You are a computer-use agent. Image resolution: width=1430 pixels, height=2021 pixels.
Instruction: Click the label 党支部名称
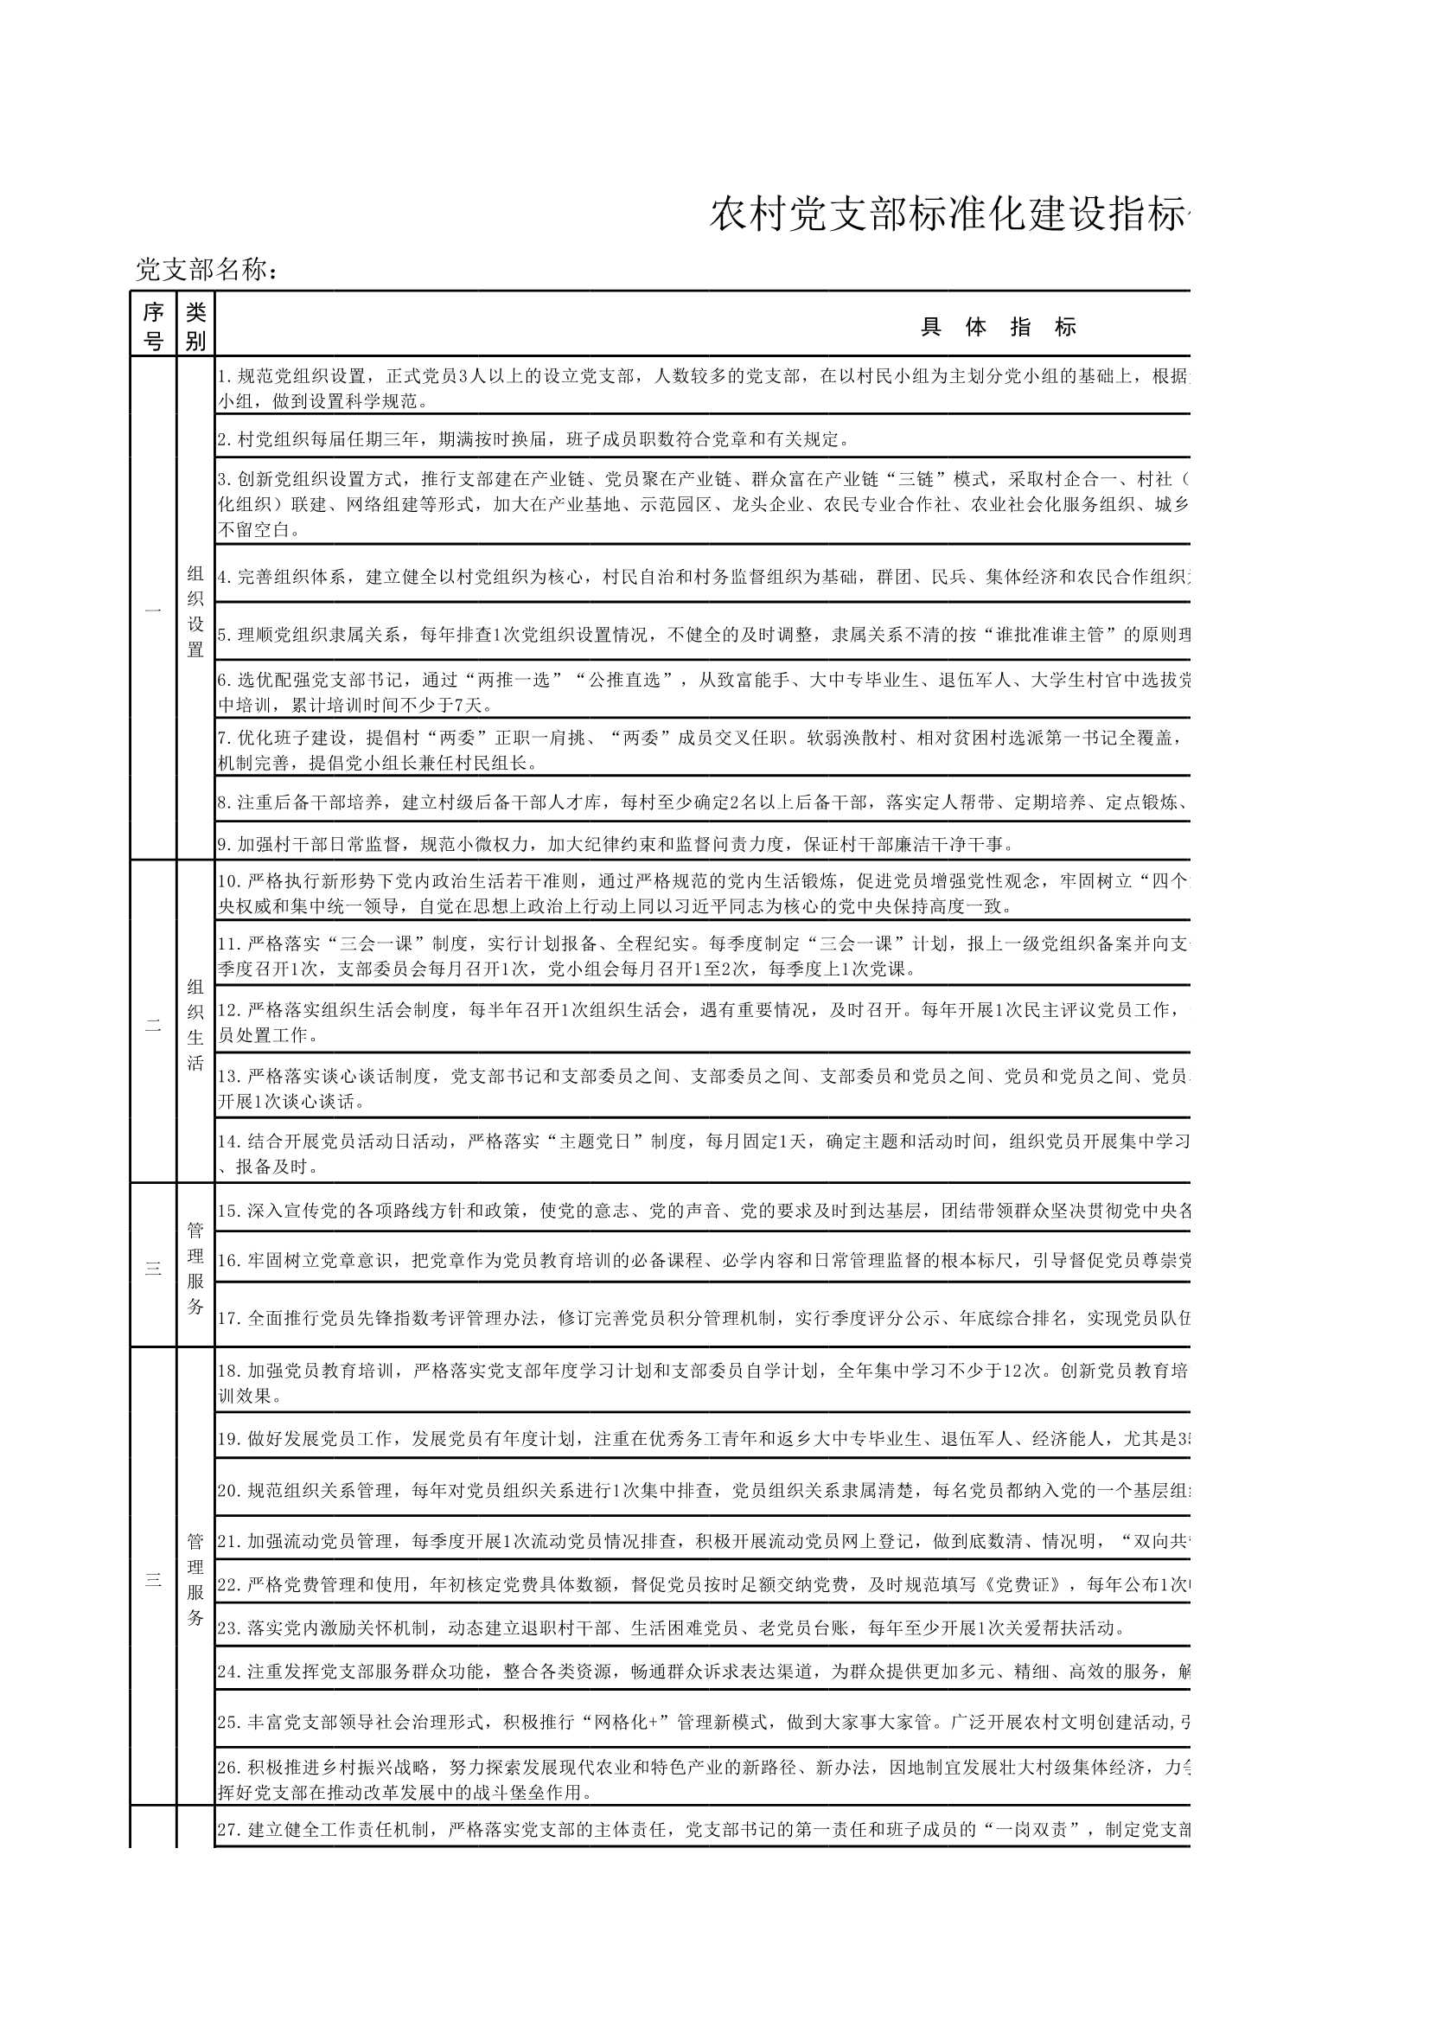(x=207, y=270)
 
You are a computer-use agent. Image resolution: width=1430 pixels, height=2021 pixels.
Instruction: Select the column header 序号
(x=153, y=325)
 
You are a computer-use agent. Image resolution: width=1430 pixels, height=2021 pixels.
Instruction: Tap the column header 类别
(x=195, y=325)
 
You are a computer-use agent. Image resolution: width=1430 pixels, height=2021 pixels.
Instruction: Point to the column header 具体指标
(x=998, y=327)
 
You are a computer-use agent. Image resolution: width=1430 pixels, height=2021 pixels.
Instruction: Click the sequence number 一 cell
(x=153, y=610)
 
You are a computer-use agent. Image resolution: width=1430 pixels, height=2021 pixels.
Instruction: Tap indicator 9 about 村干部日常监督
(x=616, y=845)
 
